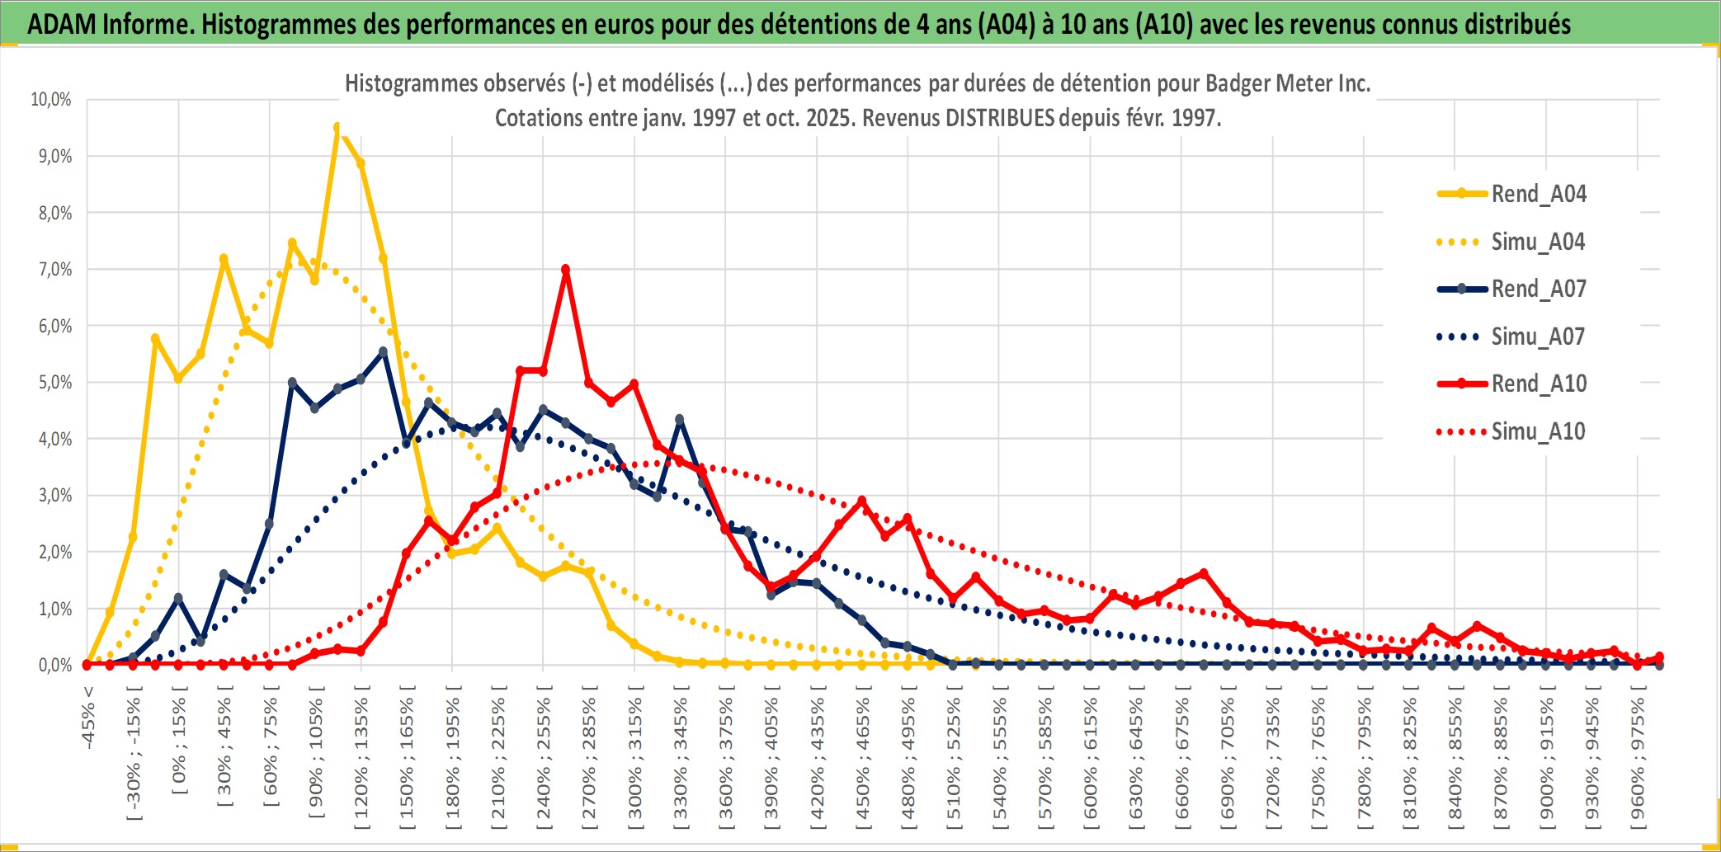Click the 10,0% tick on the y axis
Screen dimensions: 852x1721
tap(51, 100)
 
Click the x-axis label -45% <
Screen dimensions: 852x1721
tap(88, 718)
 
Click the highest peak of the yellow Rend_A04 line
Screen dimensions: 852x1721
tap(337, 128)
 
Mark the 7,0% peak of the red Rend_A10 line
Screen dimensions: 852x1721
tap(565, 269)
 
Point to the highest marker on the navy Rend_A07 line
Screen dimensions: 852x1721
tap(383, 352)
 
